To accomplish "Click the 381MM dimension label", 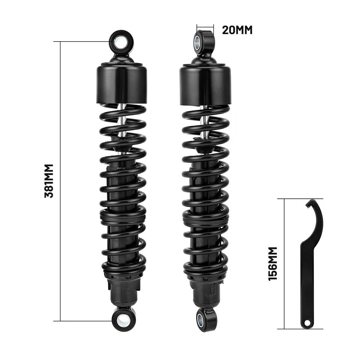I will tap(49, 181).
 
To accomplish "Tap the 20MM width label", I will tap(237, 30).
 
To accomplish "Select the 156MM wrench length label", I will tap(273, 263).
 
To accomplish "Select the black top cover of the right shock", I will tap(205, 84).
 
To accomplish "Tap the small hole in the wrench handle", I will tap(307, 323).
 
